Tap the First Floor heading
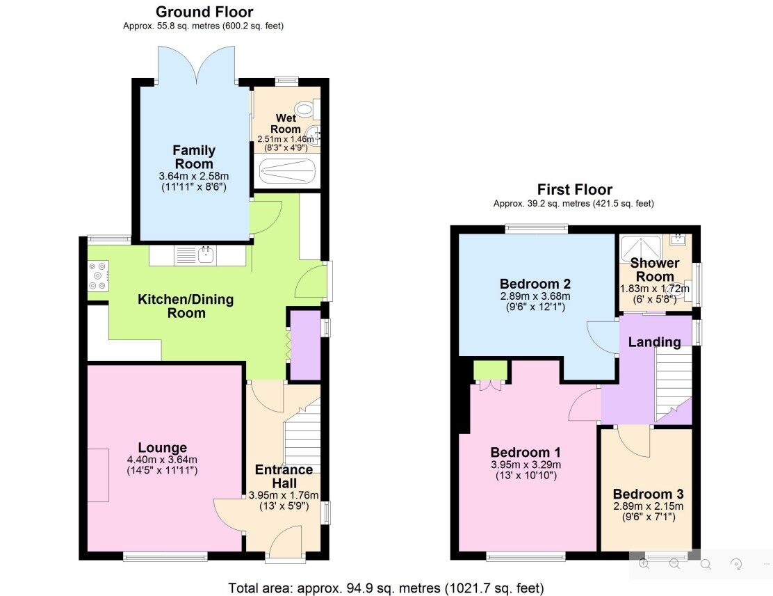click(574, 189)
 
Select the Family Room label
click(194, 157)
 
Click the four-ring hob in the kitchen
click(98, 275)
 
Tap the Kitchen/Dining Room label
click(186, 306)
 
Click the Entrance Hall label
click(284, 476)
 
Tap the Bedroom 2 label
click(535, 284)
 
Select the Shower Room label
click(654, 270)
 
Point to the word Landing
click(654, 342)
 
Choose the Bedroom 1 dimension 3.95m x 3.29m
click(526, 465)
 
